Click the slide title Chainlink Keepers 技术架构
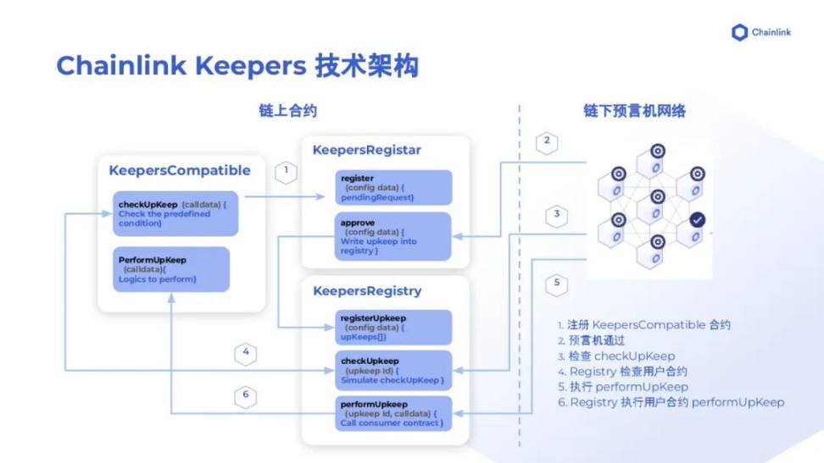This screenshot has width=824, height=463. (x=237, y=66)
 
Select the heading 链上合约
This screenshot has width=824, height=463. (x=288, y=111)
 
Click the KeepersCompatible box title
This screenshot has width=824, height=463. (x=180, y=170)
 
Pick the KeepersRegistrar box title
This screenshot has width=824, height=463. (x=367, y=150)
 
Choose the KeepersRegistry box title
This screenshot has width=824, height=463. (x=367, y=290)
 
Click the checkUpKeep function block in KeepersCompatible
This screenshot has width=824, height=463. (x=175, y=213)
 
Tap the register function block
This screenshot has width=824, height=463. (x=392, y=187)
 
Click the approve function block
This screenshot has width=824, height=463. (x=392, y=235)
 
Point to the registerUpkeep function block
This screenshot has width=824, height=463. (x=393, y=327)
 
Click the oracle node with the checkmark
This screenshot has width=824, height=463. (x=697, y=220)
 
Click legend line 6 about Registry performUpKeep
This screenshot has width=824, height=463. (x=671, y=402)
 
